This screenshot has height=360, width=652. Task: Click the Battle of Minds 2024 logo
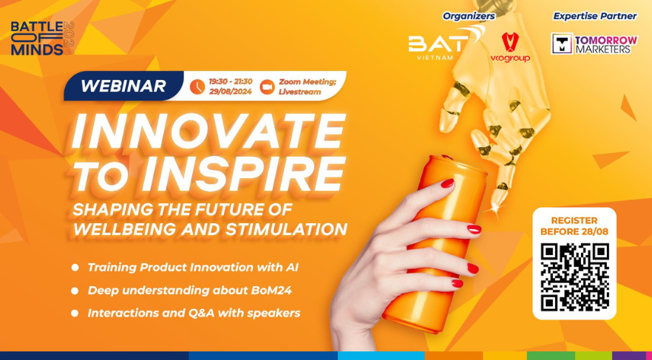[x=42, y=38]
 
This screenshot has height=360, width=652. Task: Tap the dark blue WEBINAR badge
[x=123, y=86]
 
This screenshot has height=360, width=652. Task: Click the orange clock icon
[x=197, y=86]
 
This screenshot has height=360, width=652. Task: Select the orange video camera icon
[x=267, y=86]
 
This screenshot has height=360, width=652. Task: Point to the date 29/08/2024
[x=231, y=92]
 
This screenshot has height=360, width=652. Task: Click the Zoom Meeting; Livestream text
[x=308, y=86]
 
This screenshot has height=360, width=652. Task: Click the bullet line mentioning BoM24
[x=189, y=291]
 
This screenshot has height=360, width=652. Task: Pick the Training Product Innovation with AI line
[x=193, y=268]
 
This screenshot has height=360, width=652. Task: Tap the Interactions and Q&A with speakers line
[x=194, y=313]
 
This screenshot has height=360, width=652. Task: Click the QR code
[x=574, y=277]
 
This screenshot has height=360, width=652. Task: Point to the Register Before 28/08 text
[x=574, y=226]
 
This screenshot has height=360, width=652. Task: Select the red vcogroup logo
[x=510, y=47]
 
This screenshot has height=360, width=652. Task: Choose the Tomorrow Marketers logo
[x=594, y=44]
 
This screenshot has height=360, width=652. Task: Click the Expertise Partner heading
[x=594, y=16]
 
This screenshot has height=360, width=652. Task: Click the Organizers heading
[x=469, y=16]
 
